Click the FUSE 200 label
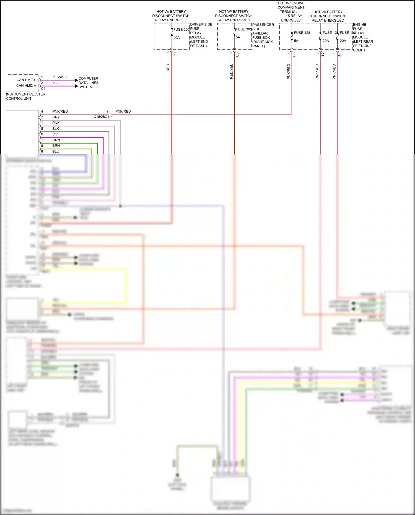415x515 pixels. (181, 30)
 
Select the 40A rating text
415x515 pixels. (177, 38)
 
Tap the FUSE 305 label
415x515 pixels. (243, 29)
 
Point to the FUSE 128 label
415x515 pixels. (302, 33)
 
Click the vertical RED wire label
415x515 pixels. (168, 68)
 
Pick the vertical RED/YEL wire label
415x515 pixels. (231, 71)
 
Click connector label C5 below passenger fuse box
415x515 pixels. (237, 55)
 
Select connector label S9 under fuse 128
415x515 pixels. (294, 55)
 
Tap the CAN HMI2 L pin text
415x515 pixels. (26, 80)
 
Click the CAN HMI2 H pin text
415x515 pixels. (26, 86)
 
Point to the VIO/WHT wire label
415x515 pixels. (60, 77)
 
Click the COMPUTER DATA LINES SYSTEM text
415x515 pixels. (88, 83)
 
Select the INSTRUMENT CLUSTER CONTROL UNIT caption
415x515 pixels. (25, 96)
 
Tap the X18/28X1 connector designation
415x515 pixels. (101, 117)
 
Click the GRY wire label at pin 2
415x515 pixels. (56, 117)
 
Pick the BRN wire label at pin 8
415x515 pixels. (56, 146)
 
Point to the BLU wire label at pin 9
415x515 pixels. (56, 151)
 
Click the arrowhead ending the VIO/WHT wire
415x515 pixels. (76, 80)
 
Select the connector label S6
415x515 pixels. (322, 55)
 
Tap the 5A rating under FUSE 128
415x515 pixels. (296, 41)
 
